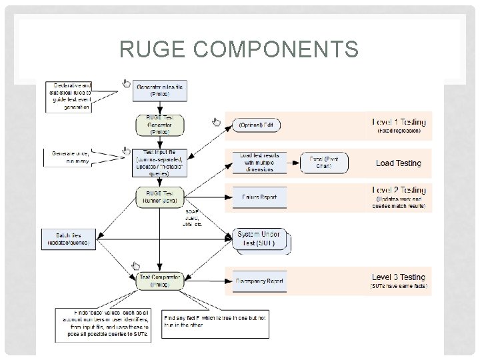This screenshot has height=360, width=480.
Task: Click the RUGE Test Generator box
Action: pos(159,125)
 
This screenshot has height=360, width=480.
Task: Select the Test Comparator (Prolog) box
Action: pos(159,281)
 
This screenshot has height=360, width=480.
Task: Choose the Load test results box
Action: pos(259,163)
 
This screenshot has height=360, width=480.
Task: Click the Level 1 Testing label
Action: pos(399,122)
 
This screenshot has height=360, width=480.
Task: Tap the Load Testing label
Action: pos(399,163)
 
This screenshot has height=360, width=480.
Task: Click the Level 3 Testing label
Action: pos(399,277)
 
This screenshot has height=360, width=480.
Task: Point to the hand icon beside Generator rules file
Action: pos(126,83)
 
